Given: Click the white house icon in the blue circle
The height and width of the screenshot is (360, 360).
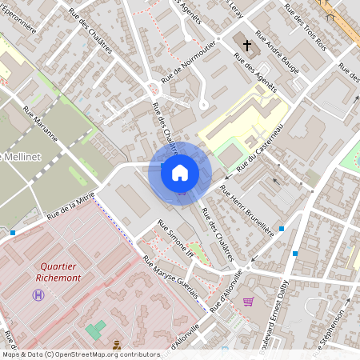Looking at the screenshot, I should tap(179, 172).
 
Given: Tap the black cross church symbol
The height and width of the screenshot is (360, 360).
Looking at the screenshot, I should tap(247, 45).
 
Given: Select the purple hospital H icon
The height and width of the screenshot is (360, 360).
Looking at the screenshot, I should tap(38, 295).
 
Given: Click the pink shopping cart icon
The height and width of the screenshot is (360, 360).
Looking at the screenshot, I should tap(248, 302).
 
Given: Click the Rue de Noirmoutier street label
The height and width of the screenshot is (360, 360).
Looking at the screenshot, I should tap(188, 62).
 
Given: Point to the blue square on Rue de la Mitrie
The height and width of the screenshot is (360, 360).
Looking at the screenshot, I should tap(13, 233).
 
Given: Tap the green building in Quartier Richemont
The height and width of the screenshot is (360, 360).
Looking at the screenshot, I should tap(96, 329).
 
